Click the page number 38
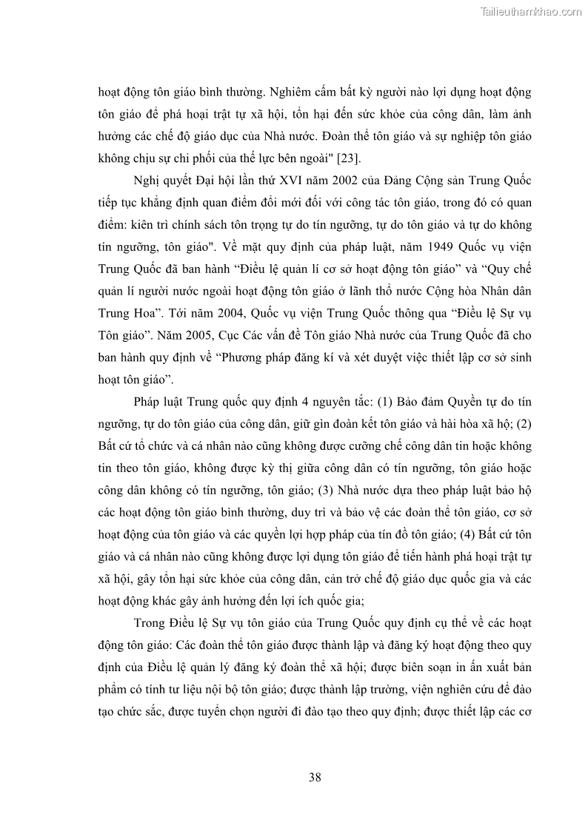tap(314, 776)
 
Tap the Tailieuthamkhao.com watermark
tap(531, 11)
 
